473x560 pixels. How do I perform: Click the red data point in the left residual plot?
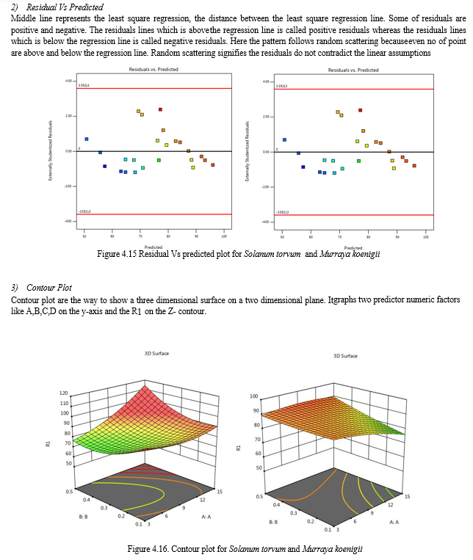tap(160, 109)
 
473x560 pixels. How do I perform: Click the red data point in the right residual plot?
tap(360, 110)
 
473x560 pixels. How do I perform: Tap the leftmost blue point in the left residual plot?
tap(87, 139)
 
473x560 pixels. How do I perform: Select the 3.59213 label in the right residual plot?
tap(282, 87)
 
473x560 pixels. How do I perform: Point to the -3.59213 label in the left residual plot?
tap(84, 211)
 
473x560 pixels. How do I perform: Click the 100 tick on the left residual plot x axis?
tap(223, 237)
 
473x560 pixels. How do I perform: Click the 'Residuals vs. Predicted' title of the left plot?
tap(154, 69)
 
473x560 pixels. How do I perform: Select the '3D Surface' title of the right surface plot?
tap(345, 356)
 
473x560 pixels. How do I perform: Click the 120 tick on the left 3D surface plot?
tap(64, 393)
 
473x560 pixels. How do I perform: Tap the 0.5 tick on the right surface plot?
tap(259, 497)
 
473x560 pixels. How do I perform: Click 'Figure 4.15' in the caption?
tap(117, 255)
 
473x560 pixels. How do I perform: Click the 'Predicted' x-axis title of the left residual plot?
tap(154, 247)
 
